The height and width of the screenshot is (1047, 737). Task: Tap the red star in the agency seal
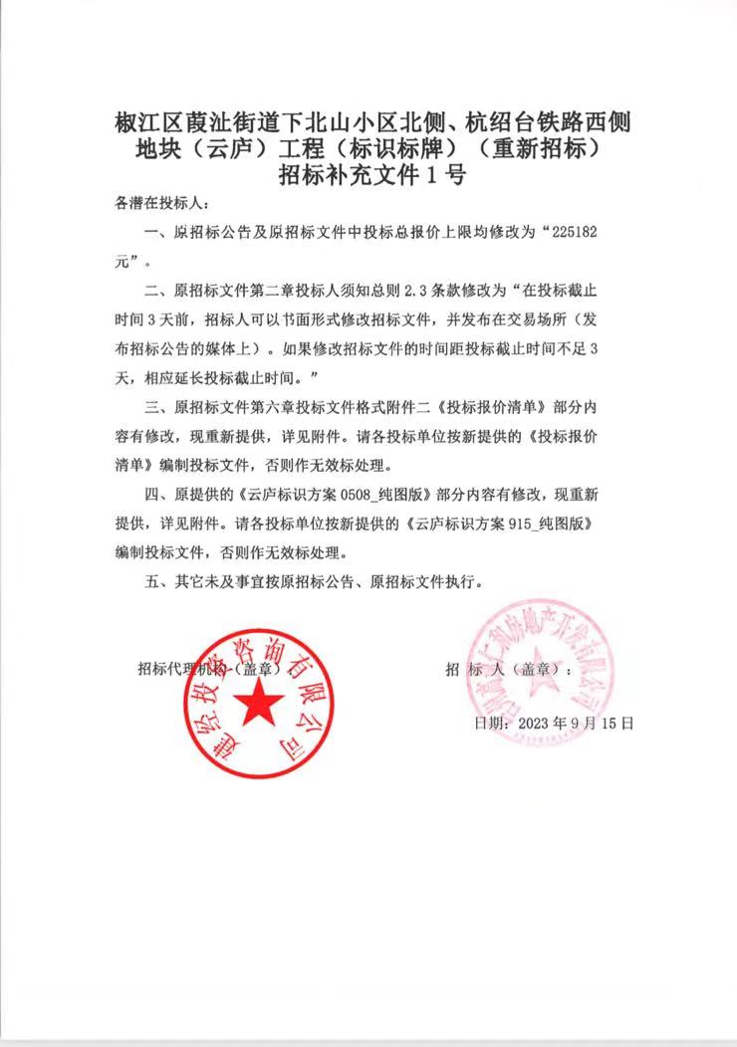click(x=258, y=702)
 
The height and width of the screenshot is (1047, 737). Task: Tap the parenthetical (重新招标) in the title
click(x=537, y=150)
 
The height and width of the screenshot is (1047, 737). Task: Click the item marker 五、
click(x=158, y=581)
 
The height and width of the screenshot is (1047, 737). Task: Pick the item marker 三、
click(x=158, y=407)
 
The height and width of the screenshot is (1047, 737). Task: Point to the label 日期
click(x=490, y=724)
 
